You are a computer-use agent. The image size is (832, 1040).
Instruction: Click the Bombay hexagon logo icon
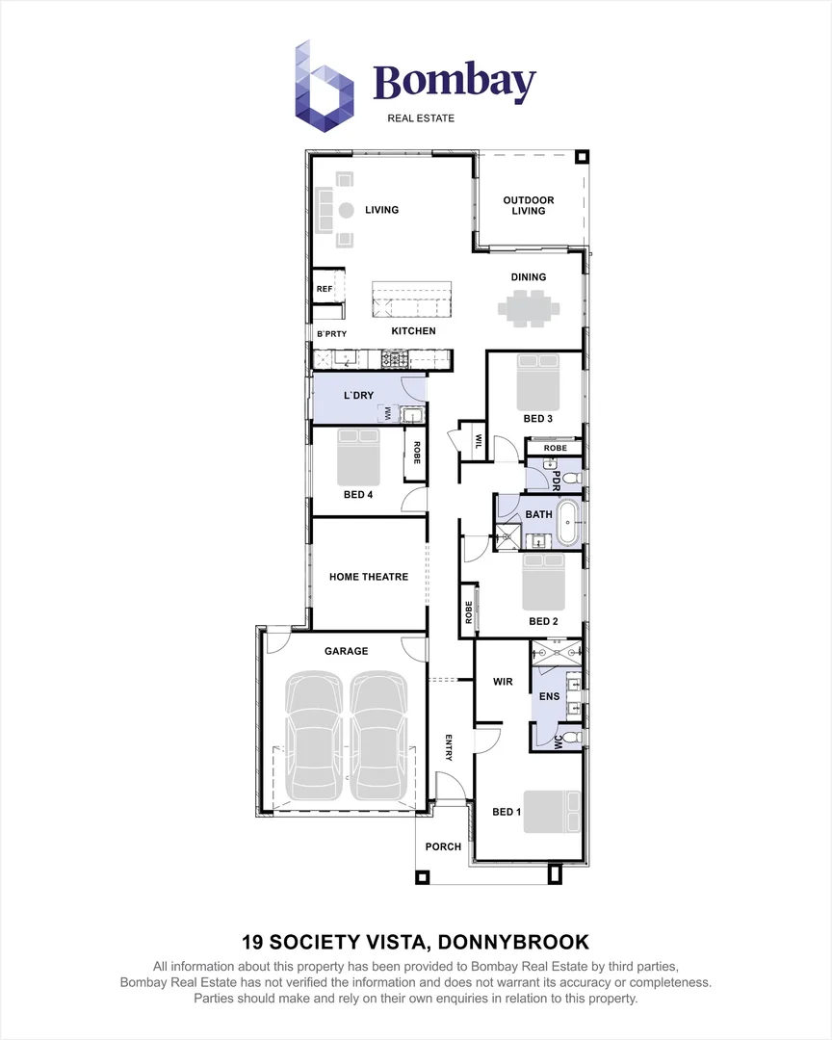324,87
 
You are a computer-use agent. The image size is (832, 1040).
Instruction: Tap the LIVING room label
382,210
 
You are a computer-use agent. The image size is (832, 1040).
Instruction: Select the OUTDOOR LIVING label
528,206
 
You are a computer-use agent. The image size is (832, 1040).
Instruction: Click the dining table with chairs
529,308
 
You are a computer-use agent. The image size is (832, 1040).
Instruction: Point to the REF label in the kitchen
325,289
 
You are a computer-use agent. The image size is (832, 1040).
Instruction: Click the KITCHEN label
413,331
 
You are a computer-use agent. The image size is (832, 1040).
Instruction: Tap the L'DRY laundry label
358,396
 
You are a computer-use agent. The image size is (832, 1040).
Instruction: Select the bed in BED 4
358,457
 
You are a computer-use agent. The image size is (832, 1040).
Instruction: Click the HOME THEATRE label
369,577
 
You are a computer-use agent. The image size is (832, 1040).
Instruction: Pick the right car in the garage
377,737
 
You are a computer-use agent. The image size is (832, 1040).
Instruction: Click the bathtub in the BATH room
568,524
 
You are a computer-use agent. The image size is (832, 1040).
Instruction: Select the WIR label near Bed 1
503,681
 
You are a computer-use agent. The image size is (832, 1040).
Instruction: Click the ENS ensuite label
549,696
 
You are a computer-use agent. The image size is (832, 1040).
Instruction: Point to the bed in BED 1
552,811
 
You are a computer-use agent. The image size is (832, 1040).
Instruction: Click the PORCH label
443,847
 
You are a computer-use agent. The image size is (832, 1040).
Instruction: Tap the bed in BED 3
538,382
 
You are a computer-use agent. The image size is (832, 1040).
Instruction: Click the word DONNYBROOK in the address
513,942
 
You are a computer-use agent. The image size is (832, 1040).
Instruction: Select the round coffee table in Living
347,210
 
